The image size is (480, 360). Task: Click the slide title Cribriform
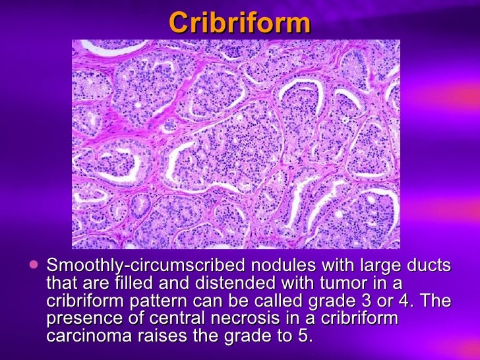(x=239, y=22)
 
